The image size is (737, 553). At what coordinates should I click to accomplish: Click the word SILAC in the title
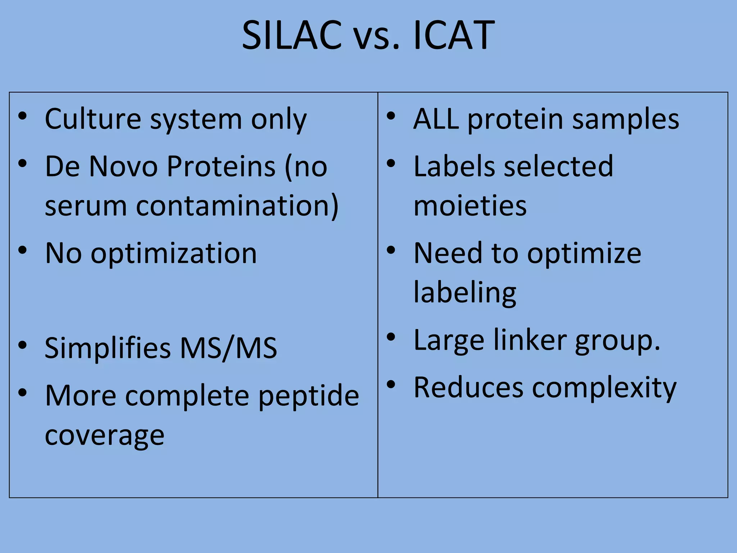[291, 35]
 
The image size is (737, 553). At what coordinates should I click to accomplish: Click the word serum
[86, 207]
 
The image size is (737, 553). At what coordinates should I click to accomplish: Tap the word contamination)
[238, 206]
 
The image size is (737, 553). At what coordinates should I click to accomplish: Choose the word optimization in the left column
[174, 254]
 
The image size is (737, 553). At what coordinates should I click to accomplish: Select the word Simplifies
[108, 348]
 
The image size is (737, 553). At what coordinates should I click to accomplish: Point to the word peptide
[309, 396]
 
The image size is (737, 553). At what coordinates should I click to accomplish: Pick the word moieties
[470, 206]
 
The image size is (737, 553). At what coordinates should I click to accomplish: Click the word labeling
[465, 293]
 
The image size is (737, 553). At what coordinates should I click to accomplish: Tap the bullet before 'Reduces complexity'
[391, 385]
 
